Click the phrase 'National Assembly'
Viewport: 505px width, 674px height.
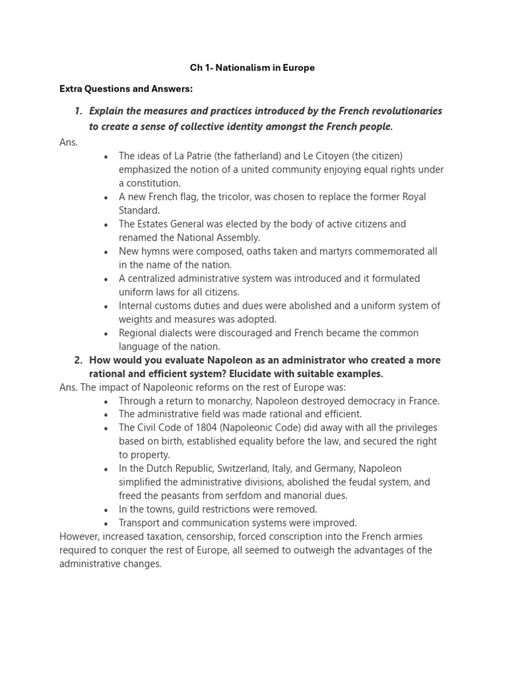201,238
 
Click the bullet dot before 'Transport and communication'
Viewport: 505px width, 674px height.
106,523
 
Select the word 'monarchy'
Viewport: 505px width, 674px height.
237,401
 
